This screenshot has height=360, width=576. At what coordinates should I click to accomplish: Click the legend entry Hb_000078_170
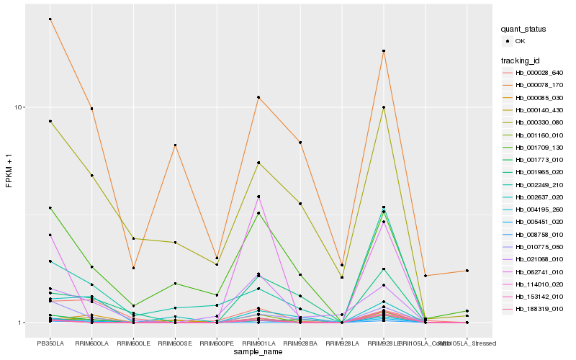(534, 85)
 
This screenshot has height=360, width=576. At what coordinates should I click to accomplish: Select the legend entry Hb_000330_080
(534, 122)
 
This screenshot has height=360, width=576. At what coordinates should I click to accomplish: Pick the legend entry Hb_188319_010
(534, 309)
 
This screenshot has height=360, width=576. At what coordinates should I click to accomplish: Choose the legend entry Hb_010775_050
(534, 247)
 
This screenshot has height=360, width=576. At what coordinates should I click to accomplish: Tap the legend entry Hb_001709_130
(534, 148)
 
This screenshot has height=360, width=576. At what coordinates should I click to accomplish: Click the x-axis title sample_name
(258, 351)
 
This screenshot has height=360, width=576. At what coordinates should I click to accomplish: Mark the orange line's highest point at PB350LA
(50, 19)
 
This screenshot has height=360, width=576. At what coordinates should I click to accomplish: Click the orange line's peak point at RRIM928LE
(384, 51)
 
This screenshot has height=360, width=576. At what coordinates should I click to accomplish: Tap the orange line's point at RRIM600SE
(175, 145)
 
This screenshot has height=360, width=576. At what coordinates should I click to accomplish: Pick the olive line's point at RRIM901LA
(258, 163)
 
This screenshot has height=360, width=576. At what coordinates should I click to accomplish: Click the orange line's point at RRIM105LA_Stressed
(467, 271)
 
